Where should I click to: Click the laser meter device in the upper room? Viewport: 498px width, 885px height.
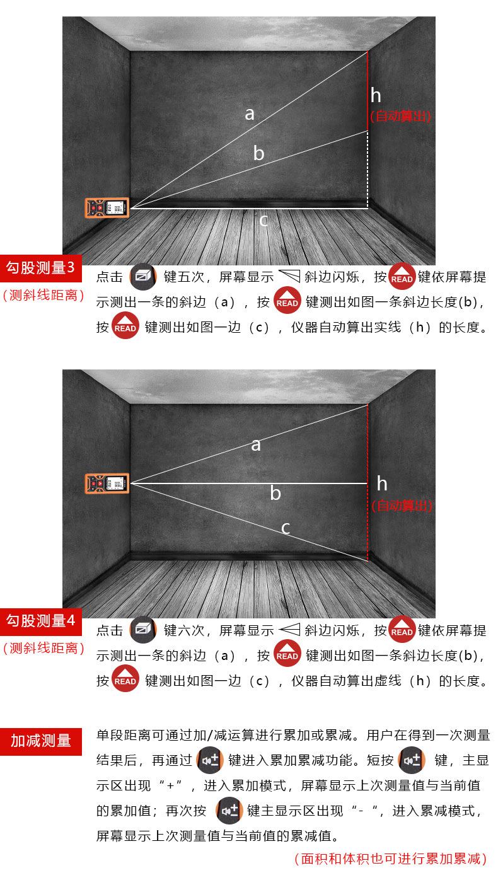(x=107, y=207)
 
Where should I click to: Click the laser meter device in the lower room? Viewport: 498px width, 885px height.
(x=107, y=483)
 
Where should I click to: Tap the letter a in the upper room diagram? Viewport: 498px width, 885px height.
(x=250, y=114)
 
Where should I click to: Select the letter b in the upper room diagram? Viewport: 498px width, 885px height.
(x=258, y=153)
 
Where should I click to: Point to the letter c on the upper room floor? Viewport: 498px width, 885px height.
(x=263, y=220)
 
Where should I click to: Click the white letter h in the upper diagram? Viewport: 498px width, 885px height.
(x=376, y=95)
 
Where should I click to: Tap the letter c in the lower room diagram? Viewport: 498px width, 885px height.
(x=286, y=528)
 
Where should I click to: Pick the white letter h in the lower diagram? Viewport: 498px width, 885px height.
(x=382, y=483)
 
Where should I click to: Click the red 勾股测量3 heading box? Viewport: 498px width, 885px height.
(x=41, y=269)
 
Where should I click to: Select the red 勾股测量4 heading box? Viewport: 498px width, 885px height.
(x=41, y=622)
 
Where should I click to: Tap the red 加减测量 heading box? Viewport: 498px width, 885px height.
(x=41, y=741)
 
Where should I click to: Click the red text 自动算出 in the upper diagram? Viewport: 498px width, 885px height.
(x=400, y=116)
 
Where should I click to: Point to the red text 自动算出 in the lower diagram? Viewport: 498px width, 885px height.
(x=402, y=506)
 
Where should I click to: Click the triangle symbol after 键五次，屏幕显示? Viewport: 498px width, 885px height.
(x=289, y=276)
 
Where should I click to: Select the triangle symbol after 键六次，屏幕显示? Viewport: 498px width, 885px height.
(x=289, y=629)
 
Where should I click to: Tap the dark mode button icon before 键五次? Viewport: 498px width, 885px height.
(x=143, y=276)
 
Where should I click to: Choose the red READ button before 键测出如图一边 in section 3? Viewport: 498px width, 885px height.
(x=125, y=325)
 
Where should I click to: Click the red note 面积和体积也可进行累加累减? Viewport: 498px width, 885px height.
(x=391, y=859)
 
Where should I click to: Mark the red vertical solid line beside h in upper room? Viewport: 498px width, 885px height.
(x=368, y=91)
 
